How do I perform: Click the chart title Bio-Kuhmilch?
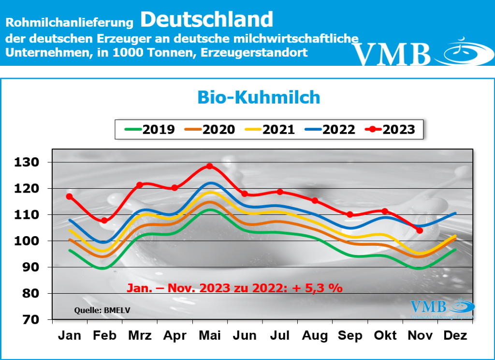click(259, 97)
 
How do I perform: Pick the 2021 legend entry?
click(273, 129)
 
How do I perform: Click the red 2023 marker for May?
click(209, 166)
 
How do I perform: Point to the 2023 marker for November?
click(419, 230)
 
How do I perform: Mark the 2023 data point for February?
click(104, 221)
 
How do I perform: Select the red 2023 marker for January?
click(69, 196)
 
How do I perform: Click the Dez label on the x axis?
click(454, 335)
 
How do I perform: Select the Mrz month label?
click(139, 335)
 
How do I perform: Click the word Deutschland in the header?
click(207, 19)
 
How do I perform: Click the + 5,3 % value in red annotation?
click(319, 287)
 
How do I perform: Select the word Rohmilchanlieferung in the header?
click(69, 22)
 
